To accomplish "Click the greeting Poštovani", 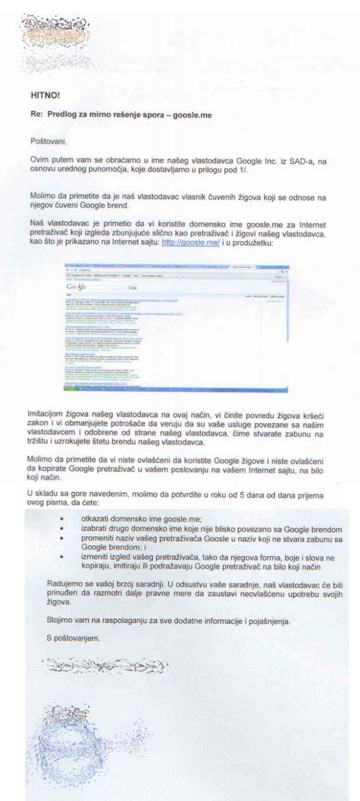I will (49, 142).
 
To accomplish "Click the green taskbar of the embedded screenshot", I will (177, 389).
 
